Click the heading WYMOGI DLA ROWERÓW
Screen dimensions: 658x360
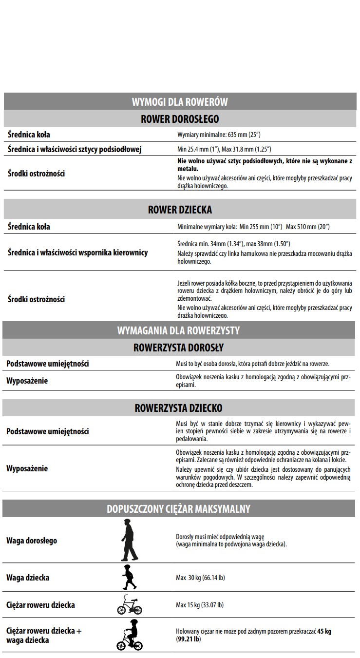[180, 102]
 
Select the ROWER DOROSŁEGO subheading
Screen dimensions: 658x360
[180, 119]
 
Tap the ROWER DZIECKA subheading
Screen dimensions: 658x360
[180, 210]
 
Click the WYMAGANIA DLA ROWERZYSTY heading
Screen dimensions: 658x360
[178, 330]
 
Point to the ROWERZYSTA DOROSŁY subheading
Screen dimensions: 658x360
[178, 348]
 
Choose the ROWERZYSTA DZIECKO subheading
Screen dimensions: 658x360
[178, 407]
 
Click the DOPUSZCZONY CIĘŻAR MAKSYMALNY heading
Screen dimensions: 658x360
[178, 509]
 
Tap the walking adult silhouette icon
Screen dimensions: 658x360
[129, 541]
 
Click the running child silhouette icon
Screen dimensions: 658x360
[129, 578]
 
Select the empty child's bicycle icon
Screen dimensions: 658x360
[129, 605]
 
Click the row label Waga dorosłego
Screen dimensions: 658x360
[32, 541]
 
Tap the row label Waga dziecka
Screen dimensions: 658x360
[28, 578]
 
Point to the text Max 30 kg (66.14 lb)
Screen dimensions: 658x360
[200, 578]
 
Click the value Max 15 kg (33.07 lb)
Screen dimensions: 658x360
[200, 605]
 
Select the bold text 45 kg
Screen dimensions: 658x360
[324, 631]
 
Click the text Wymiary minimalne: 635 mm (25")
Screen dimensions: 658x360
[222, 135]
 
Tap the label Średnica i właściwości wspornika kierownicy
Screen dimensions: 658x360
[77, 252]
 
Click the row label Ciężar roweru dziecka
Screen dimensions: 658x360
[40, 605]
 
